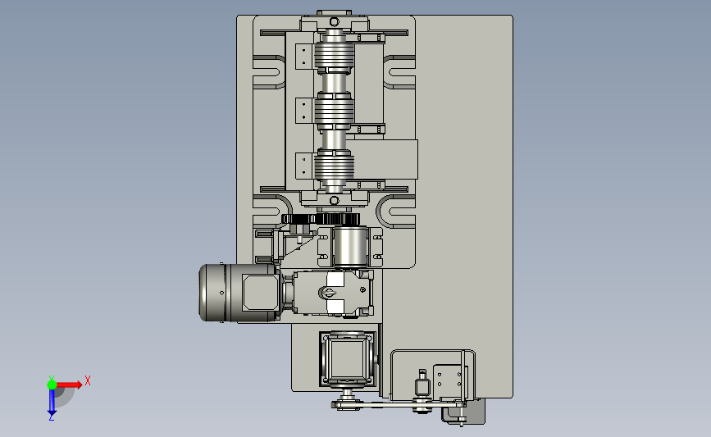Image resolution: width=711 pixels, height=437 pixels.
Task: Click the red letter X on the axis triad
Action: point(88,380)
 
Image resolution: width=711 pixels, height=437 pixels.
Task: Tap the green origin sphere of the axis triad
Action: point(52,385)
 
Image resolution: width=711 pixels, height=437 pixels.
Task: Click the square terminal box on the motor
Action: point(256,293)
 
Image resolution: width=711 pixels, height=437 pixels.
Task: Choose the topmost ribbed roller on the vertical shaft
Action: point(335,56)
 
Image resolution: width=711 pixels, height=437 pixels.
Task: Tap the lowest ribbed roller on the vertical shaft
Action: point(335,166)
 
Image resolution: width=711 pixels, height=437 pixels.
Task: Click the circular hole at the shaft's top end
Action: point(335,22)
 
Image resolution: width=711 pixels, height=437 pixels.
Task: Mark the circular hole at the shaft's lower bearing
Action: point(335,200)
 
